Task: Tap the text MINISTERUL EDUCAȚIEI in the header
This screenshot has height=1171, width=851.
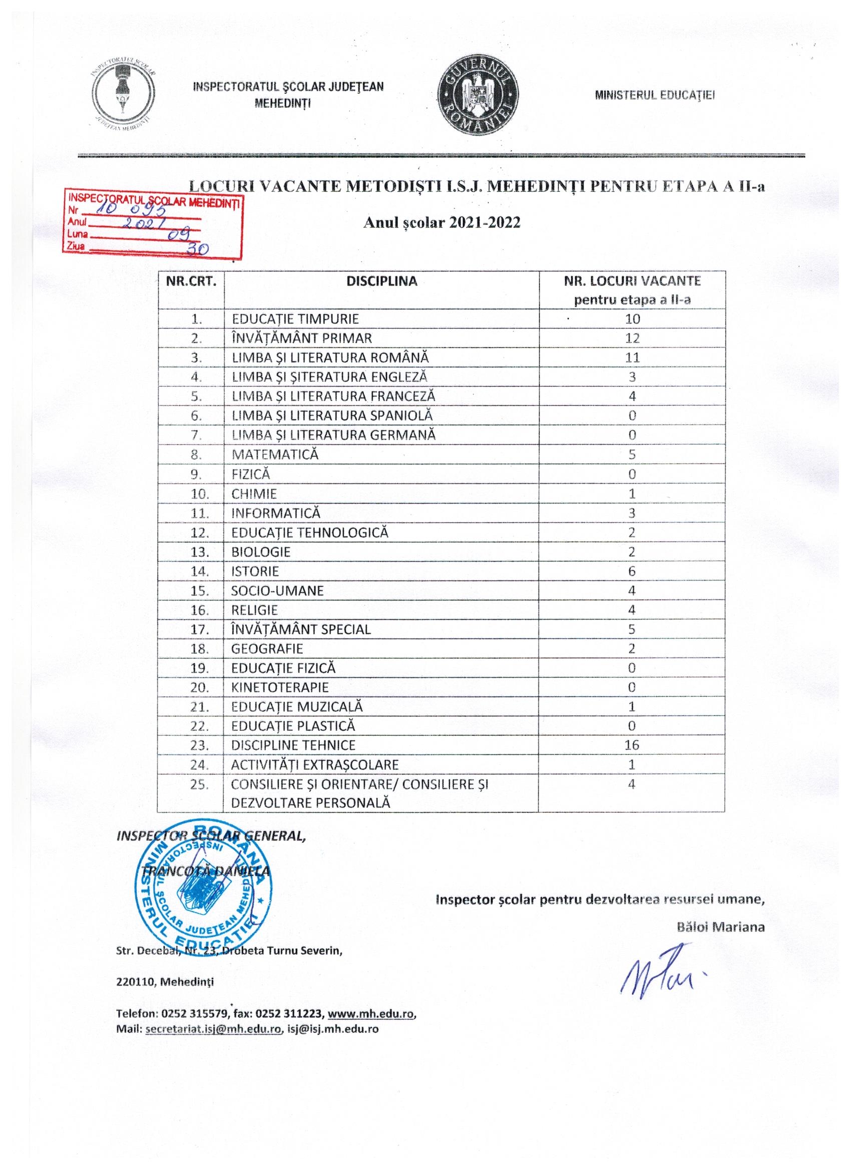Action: tap(654, 96)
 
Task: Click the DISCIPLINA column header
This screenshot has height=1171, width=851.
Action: tap(382, 281)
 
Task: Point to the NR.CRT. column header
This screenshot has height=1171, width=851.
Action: tap(191, 281)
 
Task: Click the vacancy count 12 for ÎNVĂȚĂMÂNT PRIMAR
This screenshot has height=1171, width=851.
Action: tap(632, 338)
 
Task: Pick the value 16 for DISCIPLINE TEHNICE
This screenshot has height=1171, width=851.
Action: tap(632, 745)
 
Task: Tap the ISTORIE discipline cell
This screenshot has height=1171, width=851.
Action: tap(255, 571)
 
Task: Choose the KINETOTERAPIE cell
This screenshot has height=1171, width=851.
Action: tap(280, 687)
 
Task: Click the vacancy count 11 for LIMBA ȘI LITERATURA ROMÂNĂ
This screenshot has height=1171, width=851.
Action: tap(632, 357)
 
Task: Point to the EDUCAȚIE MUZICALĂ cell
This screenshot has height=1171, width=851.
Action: tap(298, 706)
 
